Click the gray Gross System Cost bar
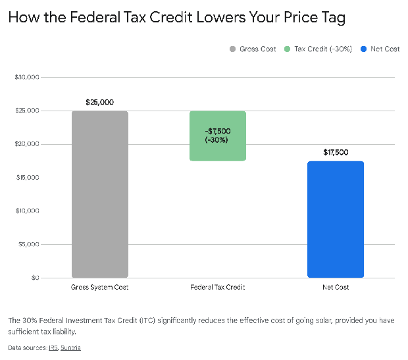[x=99, y=194]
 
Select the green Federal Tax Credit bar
[x=217, y=136]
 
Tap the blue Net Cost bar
[x=335, y=219]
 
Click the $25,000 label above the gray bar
[x=99, y=102]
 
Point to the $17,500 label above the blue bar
[x=336, y=152]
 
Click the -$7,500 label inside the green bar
[x=217, y=131]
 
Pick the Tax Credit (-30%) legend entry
[x=318, y=49]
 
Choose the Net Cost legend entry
[x=384, y=49]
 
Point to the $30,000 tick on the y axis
[x=27, y=78]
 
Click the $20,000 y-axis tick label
[x=27, y=144]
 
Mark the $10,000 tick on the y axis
[x=27, y=211]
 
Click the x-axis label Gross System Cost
[x=99, y=288]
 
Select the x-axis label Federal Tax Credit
[x=217, y=288]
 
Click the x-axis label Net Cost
[x=336, y=288]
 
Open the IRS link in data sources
[x=53, y=347]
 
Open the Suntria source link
[x=70, y=347]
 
